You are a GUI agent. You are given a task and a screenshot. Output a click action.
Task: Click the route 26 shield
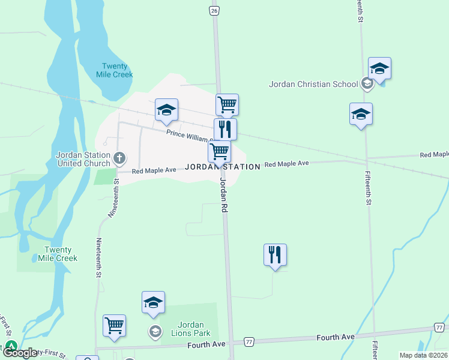(x=214, y=10)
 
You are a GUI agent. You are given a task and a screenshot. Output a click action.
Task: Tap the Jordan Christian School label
(x=313, y=84)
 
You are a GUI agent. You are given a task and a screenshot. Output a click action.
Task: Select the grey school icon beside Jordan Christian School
(x=367, y=84)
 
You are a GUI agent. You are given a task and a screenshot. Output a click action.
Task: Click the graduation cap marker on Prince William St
(x=166, y=109)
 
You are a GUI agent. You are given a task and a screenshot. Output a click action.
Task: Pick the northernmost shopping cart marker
(x=228, y=104)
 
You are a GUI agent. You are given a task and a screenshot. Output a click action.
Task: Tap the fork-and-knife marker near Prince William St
(x=225, y=128)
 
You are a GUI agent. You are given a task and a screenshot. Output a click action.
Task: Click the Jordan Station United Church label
(x=83, y=159)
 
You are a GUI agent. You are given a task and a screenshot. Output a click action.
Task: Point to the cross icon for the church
(x=119, y=158)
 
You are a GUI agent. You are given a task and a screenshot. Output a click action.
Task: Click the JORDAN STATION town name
(x=223, y=167)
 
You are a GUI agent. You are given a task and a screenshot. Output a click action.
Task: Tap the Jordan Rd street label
(x=224, y=195)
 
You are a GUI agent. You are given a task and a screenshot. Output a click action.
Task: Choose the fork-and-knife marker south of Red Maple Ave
(x=275, y=254)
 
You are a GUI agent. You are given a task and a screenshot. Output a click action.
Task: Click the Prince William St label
(x=188, y=136)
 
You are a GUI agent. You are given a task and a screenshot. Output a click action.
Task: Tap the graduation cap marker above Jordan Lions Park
(x=153, y=302)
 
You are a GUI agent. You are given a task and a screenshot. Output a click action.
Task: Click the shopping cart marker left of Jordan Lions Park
(x=114, y=325)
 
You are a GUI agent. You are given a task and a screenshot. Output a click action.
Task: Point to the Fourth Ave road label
(x=206, y=344)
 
